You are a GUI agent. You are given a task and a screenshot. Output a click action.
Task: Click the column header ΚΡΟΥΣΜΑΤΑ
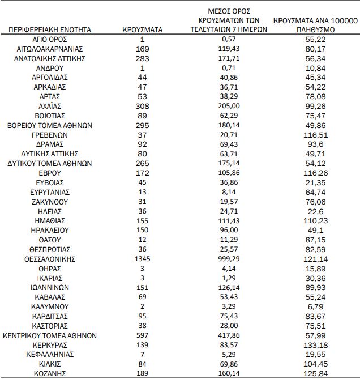[x=143, y=28]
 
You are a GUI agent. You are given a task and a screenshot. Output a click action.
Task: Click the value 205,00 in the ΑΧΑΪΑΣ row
[x=229, y=105]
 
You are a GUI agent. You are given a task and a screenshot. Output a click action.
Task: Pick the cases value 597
[x=143, y=335]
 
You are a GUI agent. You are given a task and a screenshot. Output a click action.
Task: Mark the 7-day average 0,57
[x=229, y=39]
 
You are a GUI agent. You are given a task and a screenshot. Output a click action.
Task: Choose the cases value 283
[x=143, y=58]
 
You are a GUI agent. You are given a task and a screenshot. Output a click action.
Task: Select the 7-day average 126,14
[x=229, y=287]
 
